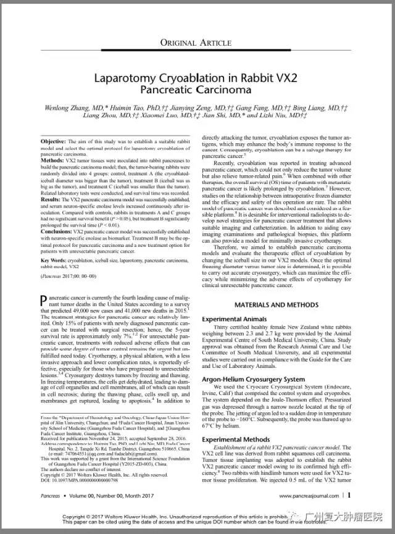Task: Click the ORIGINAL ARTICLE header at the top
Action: (x=196, y=42)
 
